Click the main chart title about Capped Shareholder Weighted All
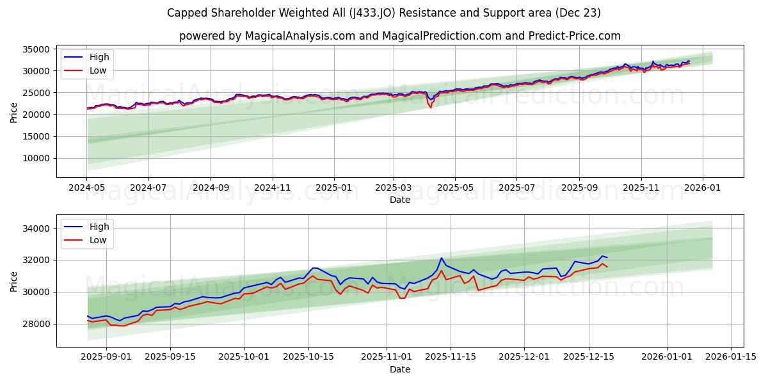(x=383, y=13)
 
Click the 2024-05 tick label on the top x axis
(x=86, y=189)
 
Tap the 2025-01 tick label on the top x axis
(x=334, y=189)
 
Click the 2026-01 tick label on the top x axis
(x=703, y=189)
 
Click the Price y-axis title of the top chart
(x=14, y=111)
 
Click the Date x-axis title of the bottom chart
(x=399, y=370)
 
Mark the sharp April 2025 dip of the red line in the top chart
(x=431, y=107)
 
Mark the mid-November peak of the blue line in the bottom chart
(x=442, y=258)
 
